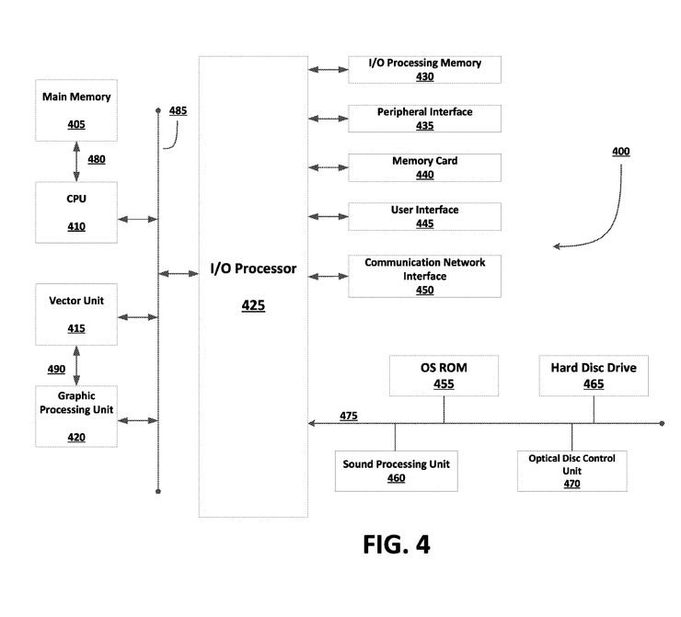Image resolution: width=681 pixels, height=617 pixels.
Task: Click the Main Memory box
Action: (76, 110)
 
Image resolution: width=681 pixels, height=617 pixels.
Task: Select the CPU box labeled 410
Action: (76, 212)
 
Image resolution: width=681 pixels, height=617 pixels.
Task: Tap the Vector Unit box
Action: (76, 314)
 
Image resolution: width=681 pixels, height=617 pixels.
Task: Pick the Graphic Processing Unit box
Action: (76, 416)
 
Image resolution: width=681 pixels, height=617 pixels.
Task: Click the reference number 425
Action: (253, 305)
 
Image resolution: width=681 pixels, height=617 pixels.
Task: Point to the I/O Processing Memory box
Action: (424, 69)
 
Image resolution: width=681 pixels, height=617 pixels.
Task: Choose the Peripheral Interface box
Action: (424, 119)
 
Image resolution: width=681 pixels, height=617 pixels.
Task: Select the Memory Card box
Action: (424, 167)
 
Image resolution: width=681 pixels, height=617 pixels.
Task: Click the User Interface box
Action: (424, 217)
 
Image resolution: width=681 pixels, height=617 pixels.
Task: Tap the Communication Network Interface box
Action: (424, 276)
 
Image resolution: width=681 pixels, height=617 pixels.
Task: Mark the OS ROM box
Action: (444, 375)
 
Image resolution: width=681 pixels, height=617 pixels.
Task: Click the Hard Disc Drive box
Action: (594, 375)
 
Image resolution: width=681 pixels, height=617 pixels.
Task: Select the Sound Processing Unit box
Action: (397, 471)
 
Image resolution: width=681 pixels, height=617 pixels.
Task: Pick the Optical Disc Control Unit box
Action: (571, 470)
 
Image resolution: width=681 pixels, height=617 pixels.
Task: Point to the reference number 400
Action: (621, 151)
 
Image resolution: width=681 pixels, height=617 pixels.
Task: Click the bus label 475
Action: (349, 417)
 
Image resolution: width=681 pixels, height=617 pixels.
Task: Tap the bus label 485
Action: (178, 111)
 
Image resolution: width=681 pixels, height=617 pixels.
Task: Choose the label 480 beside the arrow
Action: (97, 159)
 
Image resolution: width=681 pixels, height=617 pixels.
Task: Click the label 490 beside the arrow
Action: (56, 369)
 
